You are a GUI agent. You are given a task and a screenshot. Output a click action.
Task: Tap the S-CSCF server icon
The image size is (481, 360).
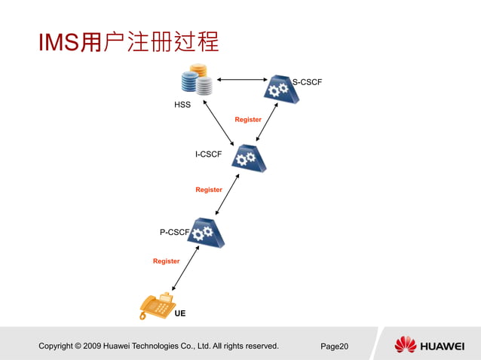pos(278,90)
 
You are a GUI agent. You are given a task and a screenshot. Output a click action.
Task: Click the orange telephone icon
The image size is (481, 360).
pos(157,307)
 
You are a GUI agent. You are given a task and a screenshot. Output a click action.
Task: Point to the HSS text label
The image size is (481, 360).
pos(182,105)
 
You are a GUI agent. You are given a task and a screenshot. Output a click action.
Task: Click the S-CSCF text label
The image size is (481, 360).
pos(307,81)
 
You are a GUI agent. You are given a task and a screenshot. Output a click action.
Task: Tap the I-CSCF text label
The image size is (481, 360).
pos(208,154)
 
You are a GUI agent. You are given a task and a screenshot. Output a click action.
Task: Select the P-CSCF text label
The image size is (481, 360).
pos(173,233)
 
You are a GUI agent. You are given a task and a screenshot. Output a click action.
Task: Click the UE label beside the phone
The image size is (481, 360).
pos(180,313)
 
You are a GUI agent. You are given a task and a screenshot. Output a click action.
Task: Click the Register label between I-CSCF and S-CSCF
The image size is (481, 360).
pos(248,120)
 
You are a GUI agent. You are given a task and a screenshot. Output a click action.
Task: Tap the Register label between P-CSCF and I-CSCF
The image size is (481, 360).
pos(209,190)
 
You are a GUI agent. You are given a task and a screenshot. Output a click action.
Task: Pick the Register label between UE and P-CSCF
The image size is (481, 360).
pos(167,261)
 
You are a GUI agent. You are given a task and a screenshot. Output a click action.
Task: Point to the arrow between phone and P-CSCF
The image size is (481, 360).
pos(185,268)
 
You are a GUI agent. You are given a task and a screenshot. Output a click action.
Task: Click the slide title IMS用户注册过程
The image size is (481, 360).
pos(129,43)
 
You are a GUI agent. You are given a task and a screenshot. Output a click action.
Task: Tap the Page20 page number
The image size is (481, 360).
pos(334,346)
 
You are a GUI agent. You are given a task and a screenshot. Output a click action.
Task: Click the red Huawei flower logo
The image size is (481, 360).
pos(405,345)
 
